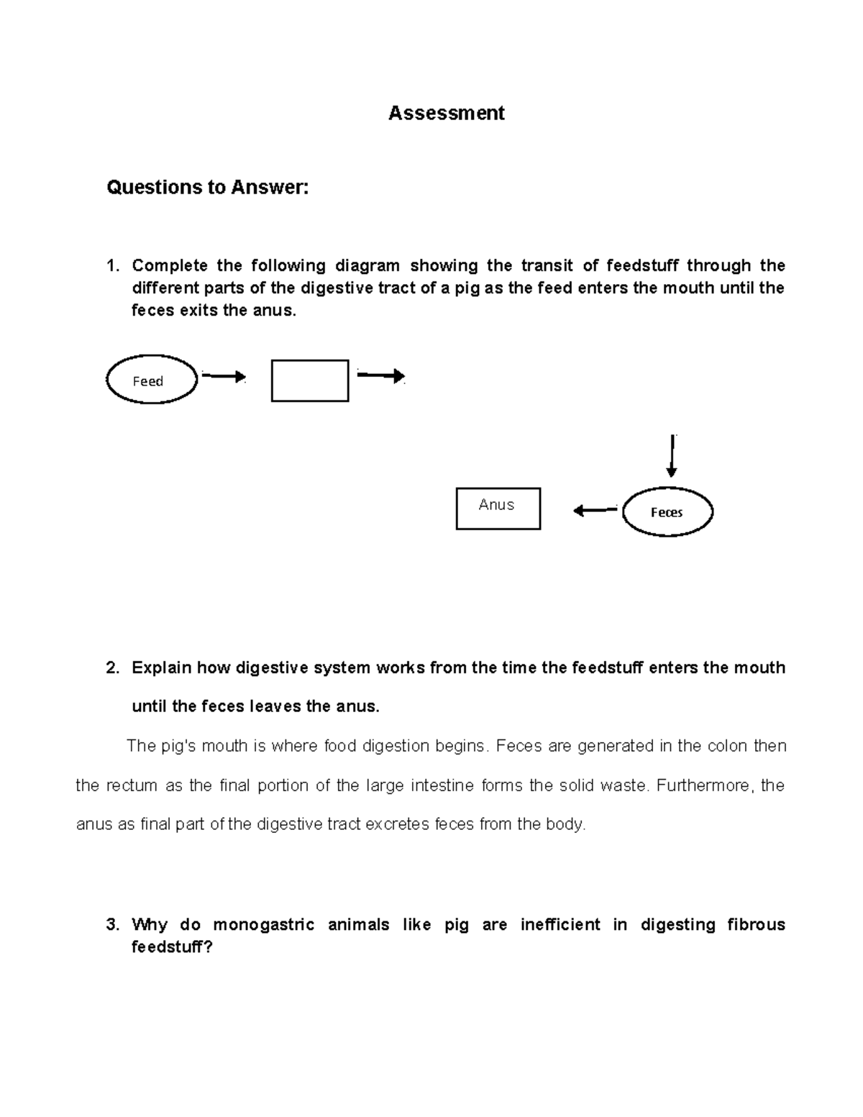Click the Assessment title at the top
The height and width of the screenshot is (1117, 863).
pos(446,113)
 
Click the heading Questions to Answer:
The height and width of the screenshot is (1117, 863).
pos(207,188)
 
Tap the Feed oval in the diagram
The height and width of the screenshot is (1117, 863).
pos(152,380)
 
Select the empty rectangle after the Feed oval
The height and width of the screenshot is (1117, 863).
pos(310,380)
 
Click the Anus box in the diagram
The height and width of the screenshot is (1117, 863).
pos(498,509)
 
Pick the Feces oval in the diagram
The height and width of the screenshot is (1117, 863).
pos(667,512)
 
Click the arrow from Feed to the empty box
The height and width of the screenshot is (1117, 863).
pos(224,376)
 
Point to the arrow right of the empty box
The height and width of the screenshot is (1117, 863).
pos(381,375)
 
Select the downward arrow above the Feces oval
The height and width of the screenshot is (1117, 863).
pos(671,456)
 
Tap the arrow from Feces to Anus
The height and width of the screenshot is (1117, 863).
pos(595,511)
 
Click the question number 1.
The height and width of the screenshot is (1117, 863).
pos(112,266)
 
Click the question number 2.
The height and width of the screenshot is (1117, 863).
pos(112,668)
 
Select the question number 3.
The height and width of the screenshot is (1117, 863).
pos(112,925)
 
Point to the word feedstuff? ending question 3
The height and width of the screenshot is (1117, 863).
pos(172,947)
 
